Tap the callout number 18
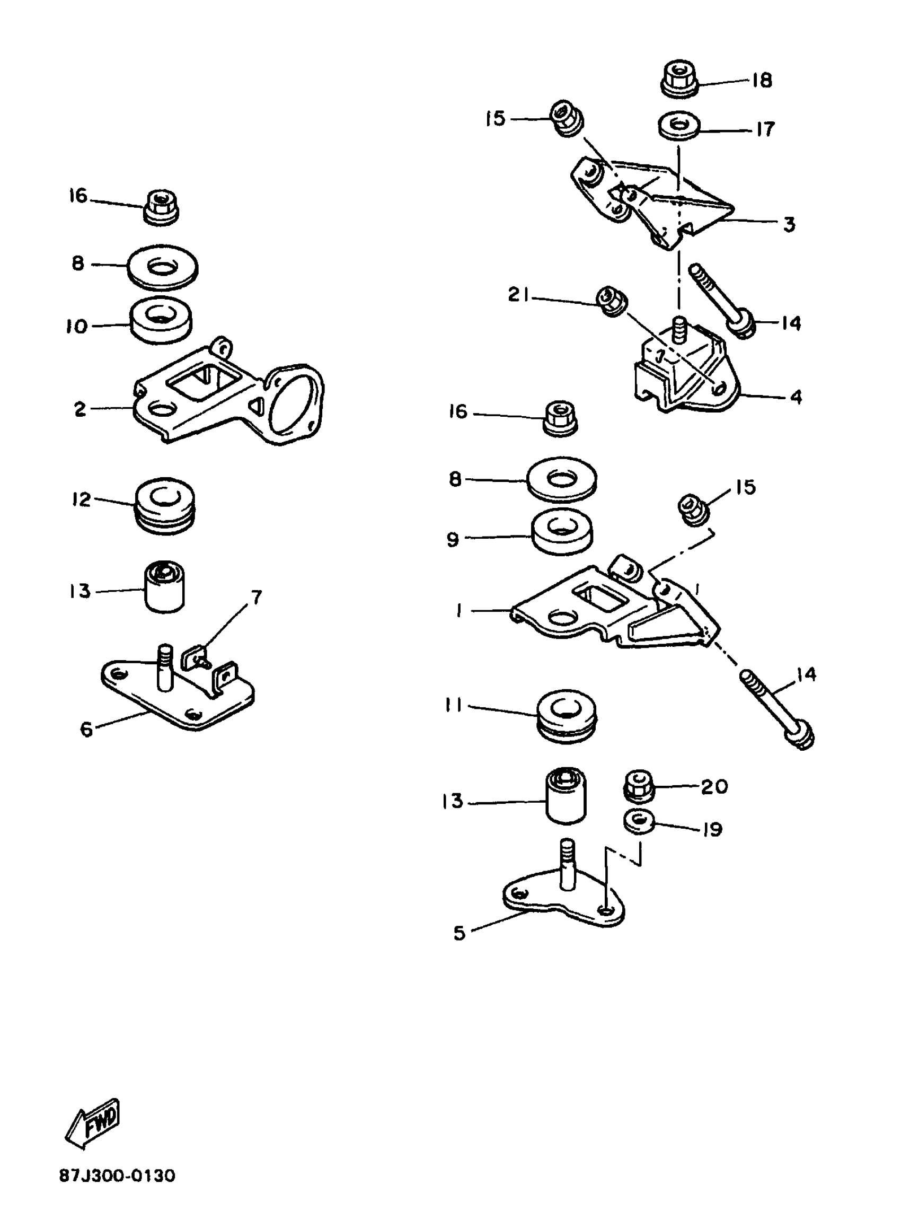[x=762, y=81]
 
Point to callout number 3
[x=789, y=224]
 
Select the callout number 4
[x=796, y=397]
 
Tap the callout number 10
[x=77, y=327]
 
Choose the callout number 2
[x=80, y=409]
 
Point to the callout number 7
[x=256, y=598]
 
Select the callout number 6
[x=87, y=730]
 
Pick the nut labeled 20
[x=639, y=786]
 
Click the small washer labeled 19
[x=639, y=822]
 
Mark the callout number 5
[x=459, y=933]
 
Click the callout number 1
[x=459, y=611]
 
